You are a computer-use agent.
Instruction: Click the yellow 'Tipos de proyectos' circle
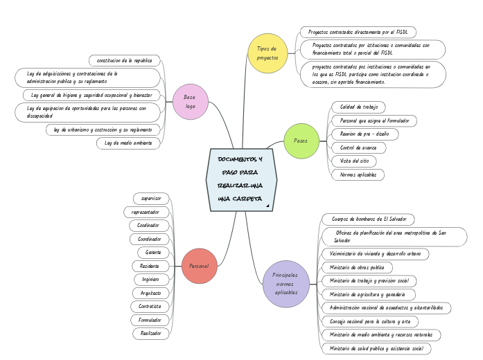tap(267, 53)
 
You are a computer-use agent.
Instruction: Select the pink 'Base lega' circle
tap(190, 102)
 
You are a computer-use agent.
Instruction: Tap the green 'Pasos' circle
tap(301, 141)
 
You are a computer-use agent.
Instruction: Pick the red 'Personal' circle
tap(200, 266)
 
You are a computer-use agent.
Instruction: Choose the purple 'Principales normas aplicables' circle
tap(286, 284)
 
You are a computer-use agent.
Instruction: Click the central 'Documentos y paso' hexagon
tap(241, 179)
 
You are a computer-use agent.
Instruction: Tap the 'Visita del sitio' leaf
tap(354, 161)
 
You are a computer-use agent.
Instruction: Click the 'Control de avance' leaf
tap(358, 147)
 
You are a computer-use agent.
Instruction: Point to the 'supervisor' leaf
tap(150, 199)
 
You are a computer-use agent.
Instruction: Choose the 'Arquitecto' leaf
tap(150, 293)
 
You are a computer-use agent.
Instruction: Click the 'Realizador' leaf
tap(150, 333)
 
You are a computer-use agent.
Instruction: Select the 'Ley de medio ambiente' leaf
tap(128, 143)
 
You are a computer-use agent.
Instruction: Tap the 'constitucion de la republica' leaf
tap(125, 60)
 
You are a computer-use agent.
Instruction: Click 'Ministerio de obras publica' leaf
tap(357, 267)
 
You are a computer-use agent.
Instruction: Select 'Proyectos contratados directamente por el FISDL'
tap(358, 33)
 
